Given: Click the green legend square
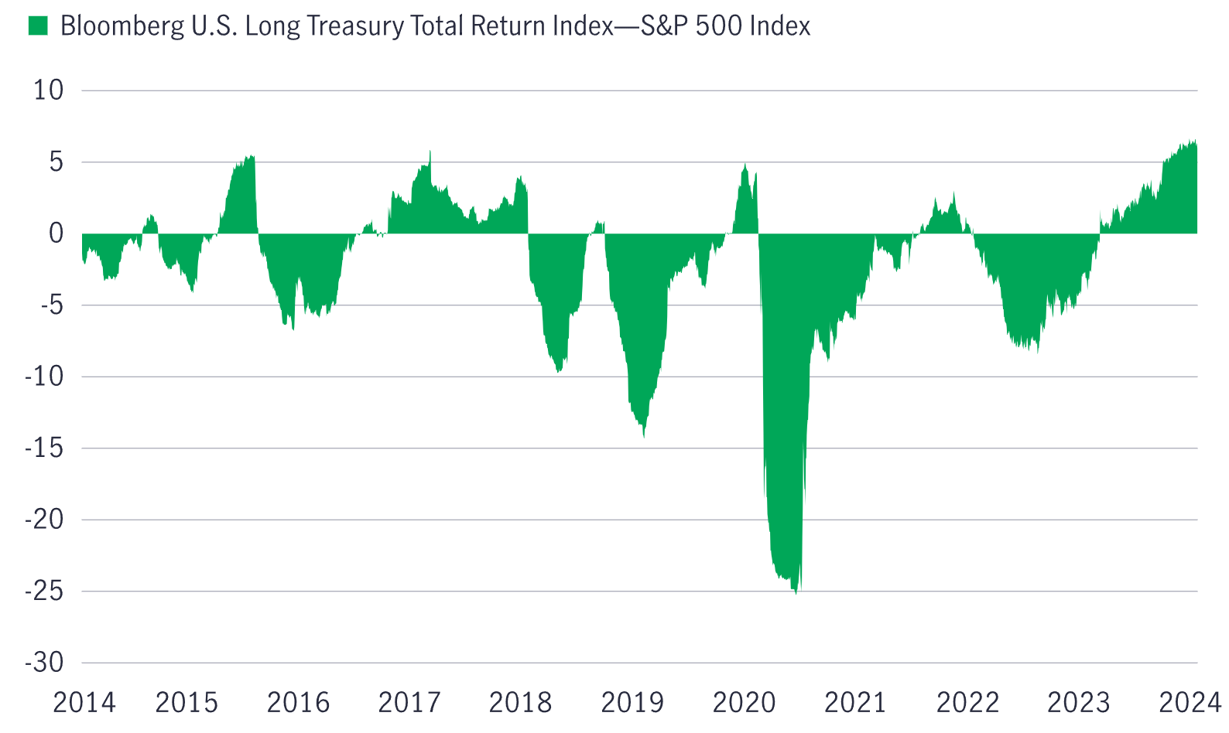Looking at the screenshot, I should (38, 26).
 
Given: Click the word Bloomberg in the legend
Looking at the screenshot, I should (122, 26).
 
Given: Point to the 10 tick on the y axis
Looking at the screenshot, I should (48, 90).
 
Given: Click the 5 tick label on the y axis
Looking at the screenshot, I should (56, 162).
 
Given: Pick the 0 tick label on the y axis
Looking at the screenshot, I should (56, 234).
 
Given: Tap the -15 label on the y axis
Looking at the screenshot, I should (44, 448).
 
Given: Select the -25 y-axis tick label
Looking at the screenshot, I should (44, 592).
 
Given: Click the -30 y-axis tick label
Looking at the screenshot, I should (44, 663).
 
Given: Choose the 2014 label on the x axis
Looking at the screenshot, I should (84, 703).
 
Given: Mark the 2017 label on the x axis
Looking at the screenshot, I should (409, 703).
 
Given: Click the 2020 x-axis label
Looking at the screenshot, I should (744, 703).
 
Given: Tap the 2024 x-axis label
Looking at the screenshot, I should (1190, 703).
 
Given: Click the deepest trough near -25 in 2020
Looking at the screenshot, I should (796, 592).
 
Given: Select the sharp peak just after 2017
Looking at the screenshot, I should (430, 152).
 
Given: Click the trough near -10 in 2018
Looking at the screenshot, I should (559, 372).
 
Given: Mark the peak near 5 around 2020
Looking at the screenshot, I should (745, 165).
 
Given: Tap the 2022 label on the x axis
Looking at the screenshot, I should (967, 703).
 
